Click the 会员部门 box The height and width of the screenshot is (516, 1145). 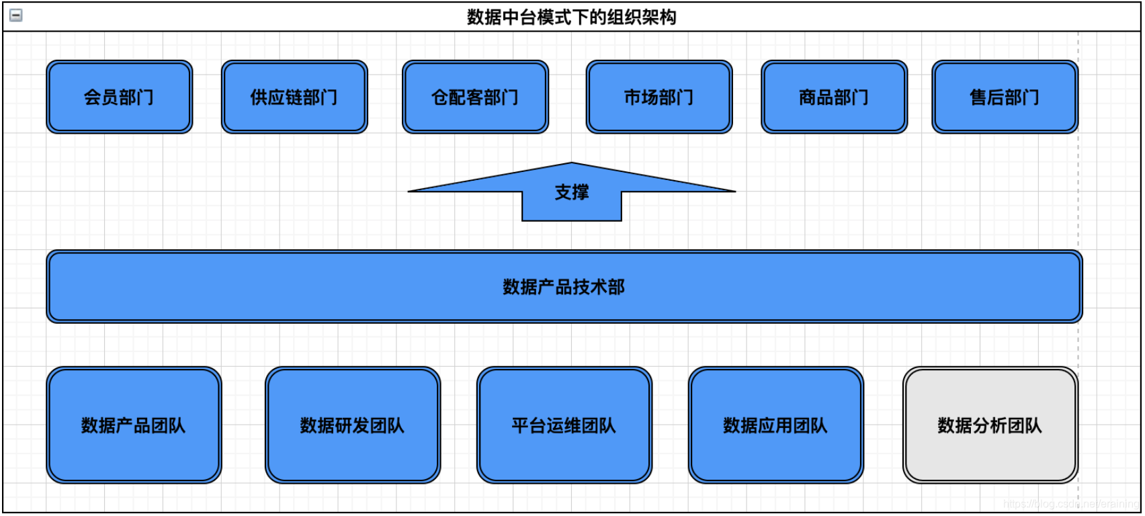click(x=120, y=97)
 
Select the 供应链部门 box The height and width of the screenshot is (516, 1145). click(x=294, y=97)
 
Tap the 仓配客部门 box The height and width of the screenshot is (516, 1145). click(x=475, y=97)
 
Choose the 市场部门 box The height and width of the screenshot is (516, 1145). click(x=659, y=97)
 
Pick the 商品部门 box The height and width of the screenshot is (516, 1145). click(x=834, y=97)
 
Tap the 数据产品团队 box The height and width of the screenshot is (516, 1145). click(x=134, y=425)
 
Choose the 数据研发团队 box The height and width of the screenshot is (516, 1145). click(x=353, y=425)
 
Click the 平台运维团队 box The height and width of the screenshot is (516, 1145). click(x=564, y=425)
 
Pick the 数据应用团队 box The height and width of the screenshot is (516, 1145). click(x=775, y=425)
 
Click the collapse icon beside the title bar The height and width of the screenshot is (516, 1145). click(x=16, y=15)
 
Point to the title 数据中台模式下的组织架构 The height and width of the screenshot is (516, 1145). click(x=572, y=17)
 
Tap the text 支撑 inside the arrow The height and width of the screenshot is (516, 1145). click(x=572, y=193)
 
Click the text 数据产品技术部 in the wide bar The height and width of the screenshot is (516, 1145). click(x=564, y=287)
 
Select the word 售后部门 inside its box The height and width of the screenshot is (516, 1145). click(x=1005, y=97)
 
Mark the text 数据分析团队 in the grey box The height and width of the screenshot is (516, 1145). click(x=990, y=425)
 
